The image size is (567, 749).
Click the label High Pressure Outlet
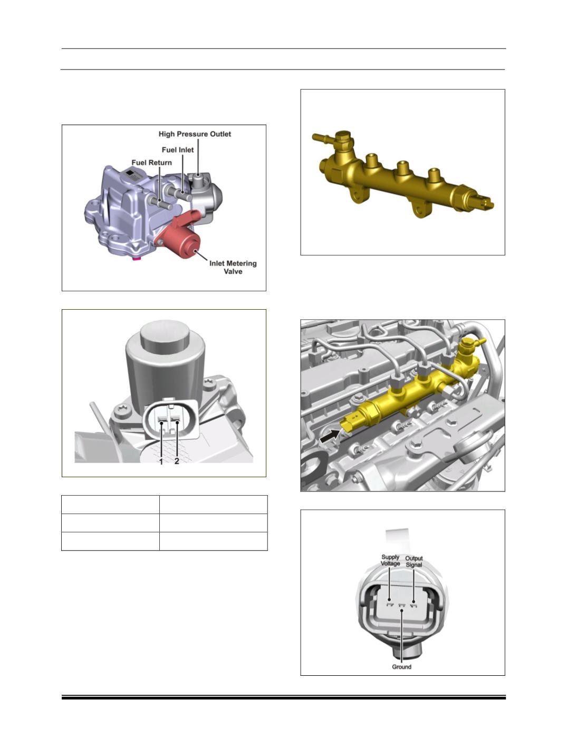(195, 134)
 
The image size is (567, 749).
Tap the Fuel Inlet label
(178, 150)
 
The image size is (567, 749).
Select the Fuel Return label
(152, 163)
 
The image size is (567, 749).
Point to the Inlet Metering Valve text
(233, 267)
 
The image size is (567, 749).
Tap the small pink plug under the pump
(137, 258)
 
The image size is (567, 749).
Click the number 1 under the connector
(161, 461)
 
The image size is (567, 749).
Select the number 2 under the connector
(177, 461)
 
